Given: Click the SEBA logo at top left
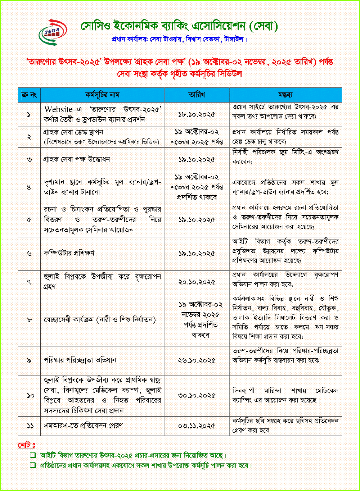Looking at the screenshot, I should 53,32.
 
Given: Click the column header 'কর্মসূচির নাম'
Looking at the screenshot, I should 102,95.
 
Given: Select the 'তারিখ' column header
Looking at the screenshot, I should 197,95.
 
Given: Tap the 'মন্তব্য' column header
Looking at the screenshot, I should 285,95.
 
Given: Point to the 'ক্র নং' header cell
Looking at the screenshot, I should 29,95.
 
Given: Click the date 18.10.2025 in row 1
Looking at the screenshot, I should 197,115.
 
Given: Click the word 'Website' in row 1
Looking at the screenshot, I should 58,109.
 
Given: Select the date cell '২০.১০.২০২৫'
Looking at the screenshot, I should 197,282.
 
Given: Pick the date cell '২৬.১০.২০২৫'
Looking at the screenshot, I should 197,360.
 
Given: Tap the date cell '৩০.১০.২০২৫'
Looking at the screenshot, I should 197,396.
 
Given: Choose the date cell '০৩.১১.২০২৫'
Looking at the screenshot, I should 197,426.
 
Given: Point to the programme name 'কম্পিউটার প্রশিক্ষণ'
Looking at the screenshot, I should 69,253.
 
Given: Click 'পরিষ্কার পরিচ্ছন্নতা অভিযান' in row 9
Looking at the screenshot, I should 80,360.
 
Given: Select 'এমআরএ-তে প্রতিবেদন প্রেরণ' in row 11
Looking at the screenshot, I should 83,426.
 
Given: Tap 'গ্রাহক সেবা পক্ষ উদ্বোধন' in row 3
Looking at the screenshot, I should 77,159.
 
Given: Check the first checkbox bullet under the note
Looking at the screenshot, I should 33,455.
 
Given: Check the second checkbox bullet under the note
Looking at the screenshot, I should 33,465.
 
